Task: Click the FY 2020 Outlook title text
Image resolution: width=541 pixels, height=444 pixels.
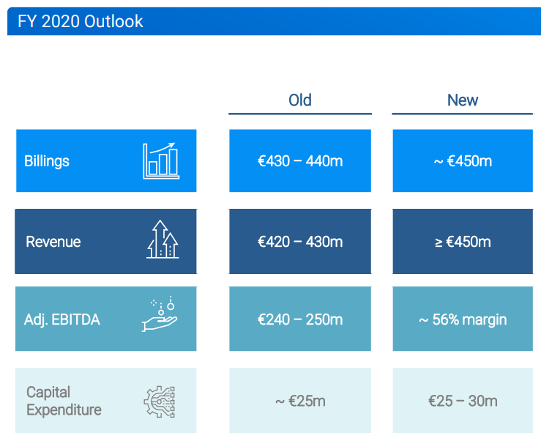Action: click(x=80, y=21)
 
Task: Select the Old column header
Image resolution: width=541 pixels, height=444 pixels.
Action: click(x=300, y=100)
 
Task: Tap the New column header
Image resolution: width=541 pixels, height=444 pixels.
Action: click(x=463, y=100)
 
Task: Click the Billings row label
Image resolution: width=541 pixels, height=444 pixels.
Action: click(x=47, y=161)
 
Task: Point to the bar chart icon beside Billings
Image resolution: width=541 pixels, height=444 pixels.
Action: click(x=161, y=160)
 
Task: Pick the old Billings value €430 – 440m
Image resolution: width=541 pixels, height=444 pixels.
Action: click(x=300, y=161)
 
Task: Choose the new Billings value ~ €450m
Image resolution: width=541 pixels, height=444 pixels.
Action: click(x=463, y=161)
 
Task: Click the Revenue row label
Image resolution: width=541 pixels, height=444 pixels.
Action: click(x=53, y=242)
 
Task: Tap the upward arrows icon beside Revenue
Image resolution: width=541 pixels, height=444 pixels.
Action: click(x=163, y=239)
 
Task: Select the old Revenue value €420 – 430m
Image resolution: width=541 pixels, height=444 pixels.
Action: click(x=300, y=242)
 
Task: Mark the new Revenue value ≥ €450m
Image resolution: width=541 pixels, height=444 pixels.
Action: click(x=463, y=242)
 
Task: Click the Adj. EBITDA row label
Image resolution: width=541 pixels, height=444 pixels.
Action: click(x=62, y=319)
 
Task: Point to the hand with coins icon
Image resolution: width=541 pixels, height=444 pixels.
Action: click(x=160, y=314)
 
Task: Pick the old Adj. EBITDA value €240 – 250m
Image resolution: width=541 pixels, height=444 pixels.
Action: click(x=300, y=319)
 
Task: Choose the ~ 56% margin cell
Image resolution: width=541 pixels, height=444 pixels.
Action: click(x=463, y=319)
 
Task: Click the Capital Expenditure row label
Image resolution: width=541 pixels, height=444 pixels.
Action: click(x=64, y=401)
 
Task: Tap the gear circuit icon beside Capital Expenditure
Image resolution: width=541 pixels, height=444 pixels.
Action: click(x=160, y=402)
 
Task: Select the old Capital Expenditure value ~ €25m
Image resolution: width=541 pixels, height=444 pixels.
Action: click(x=300, y=402)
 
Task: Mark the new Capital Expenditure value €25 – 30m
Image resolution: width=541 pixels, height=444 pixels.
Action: click(x=463, y=402)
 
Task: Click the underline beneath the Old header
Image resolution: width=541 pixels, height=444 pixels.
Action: click(x=300, y=114)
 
